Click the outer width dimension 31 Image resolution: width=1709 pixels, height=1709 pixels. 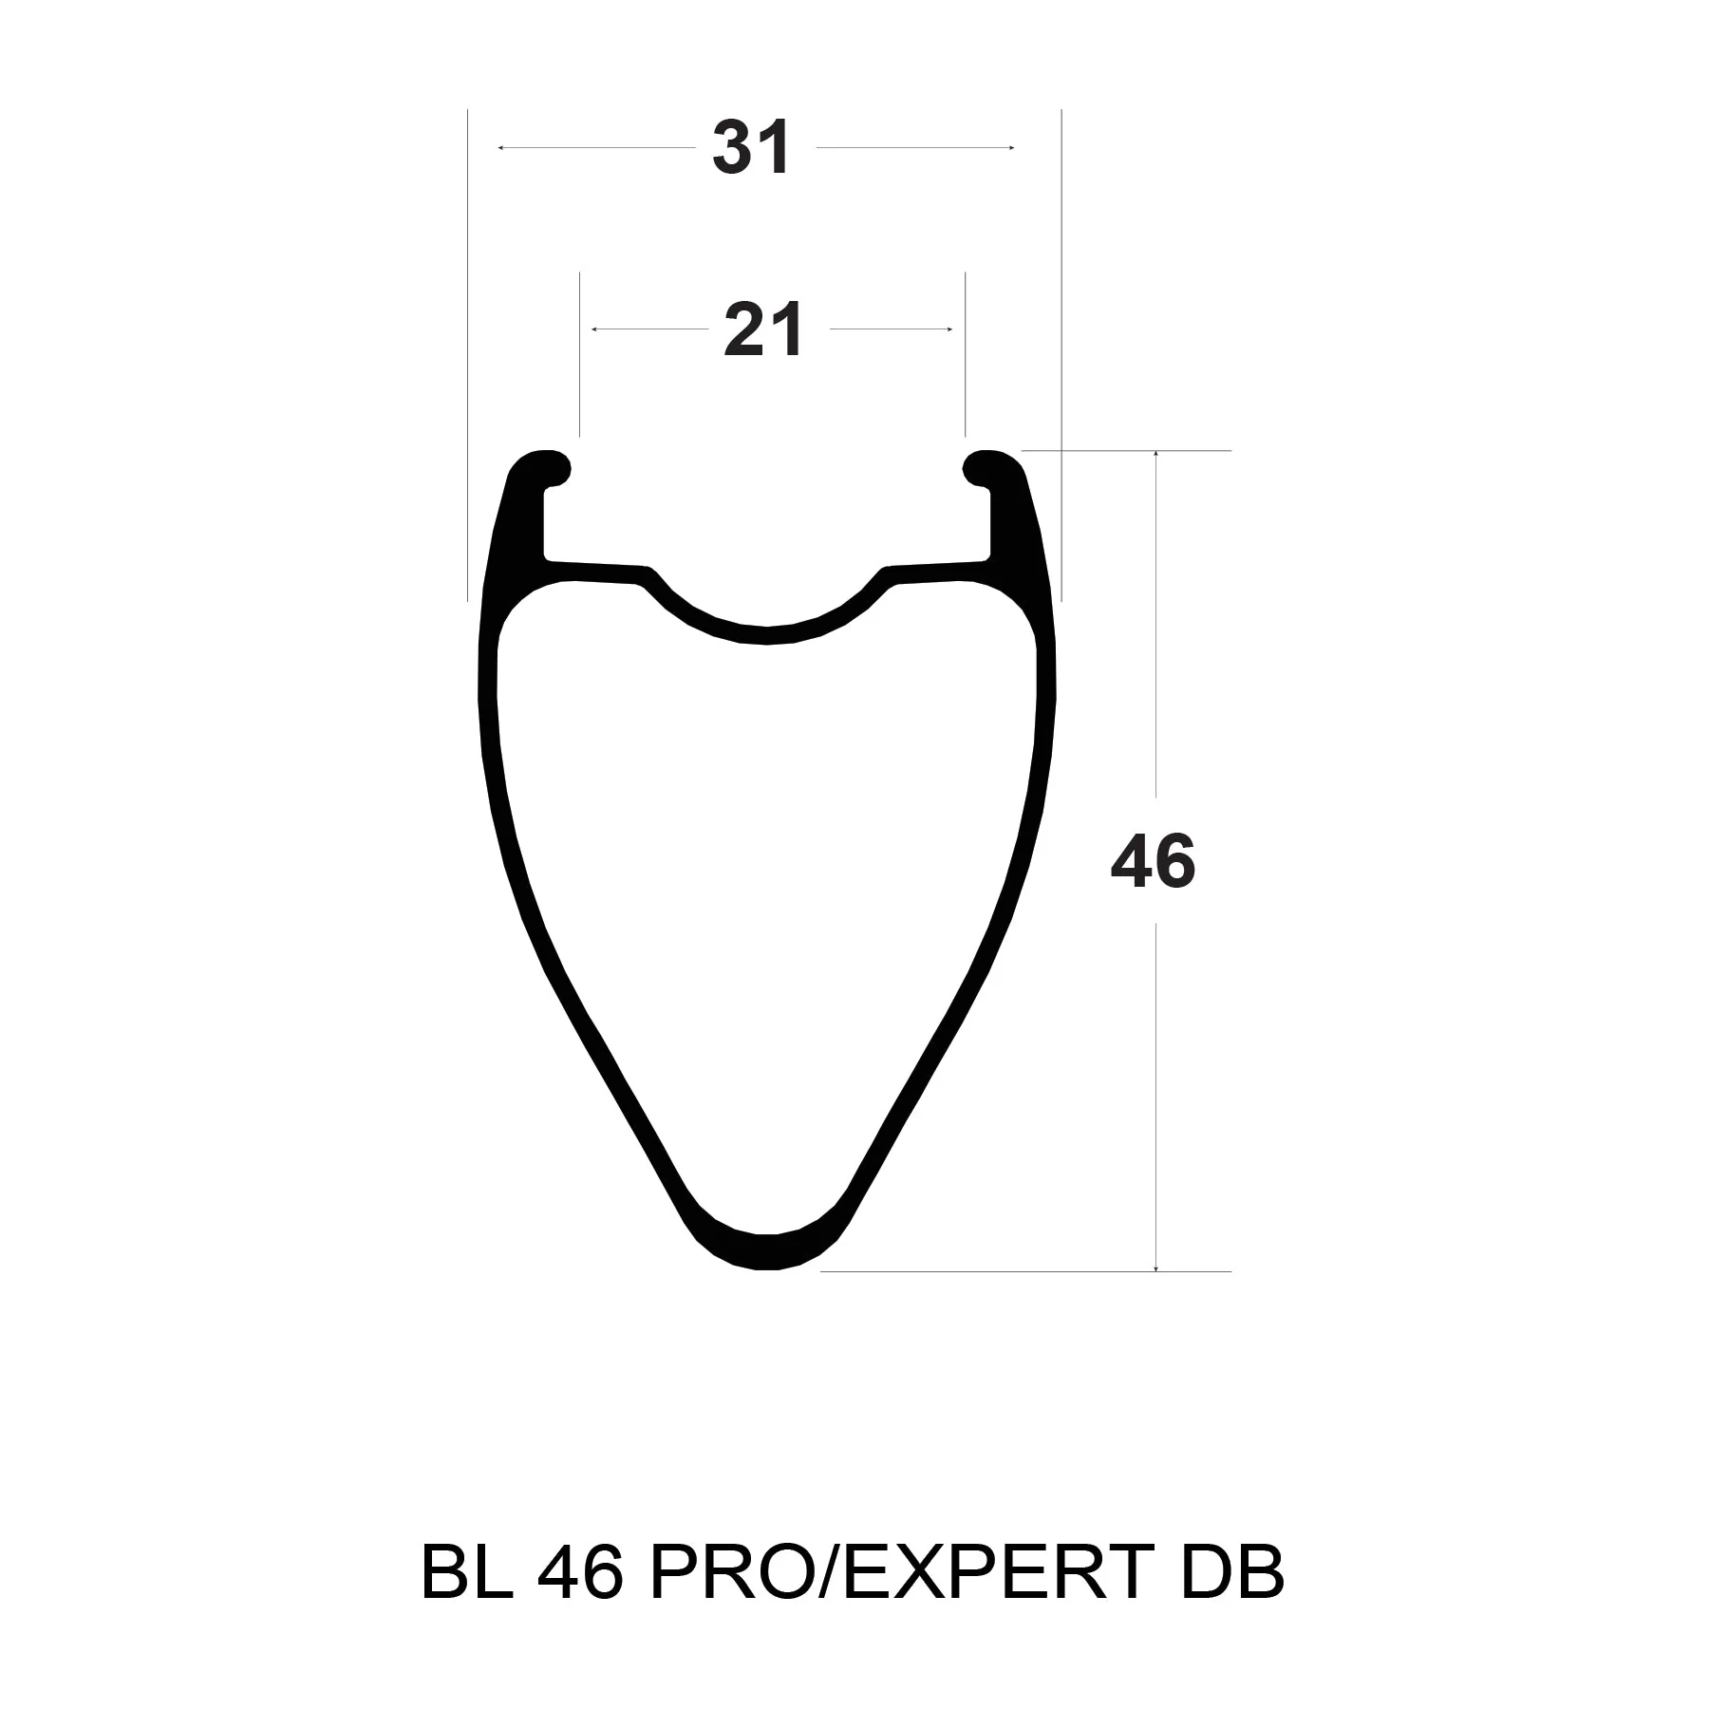[x=751, y=149]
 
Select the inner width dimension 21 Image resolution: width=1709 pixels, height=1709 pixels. [x=764, y=329]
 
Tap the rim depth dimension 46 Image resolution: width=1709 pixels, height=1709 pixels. [x=1154, y=861]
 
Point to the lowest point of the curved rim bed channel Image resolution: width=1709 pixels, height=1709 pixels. [x=767, y=635]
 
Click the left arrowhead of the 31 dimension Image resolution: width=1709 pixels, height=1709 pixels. [x=501, y=148]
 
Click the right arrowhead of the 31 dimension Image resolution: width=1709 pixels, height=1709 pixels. [x=1012, y=148]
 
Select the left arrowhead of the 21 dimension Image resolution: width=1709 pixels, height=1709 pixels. [x=595, y=329]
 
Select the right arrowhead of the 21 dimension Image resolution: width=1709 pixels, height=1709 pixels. [x=948, y=329]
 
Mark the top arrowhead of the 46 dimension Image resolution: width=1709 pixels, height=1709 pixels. [x=1155, y=455]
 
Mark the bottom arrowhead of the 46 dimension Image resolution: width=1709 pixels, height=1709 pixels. [x=1155, y=1268]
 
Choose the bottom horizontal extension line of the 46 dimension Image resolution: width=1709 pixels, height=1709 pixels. [x=1025, y=1271]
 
